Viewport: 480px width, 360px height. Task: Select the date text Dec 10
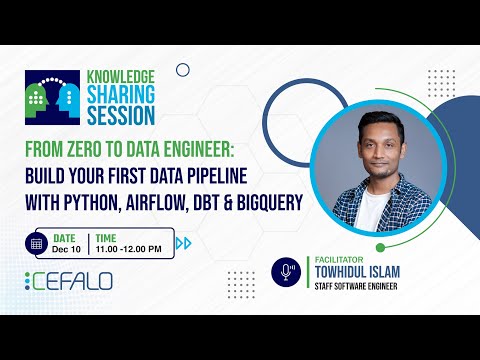point(65,249)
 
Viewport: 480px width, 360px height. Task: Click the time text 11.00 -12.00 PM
point(130,249)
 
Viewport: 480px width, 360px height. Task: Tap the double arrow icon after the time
point(183,243)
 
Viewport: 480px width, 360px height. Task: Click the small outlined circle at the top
point(182,70)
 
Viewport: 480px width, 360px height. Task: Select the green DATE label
point(64,237)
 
